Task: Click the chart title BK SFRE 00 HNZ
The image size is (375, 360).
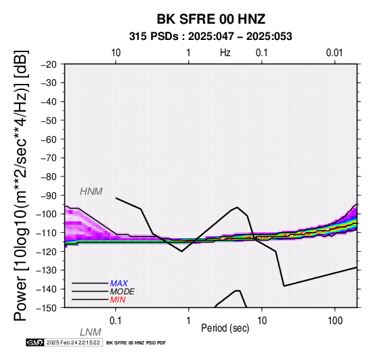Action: click(x=211, y=19)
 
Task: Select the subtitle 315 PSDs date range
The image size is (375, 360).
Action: click(x=211, y=37)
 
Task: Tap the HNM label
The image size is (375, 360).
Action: click(x=91, y=192)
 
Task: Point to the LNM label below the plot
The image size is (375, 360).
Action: click(x=91, y=332)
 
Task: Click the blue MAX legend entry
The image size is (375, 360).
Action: click(x=119, y=284)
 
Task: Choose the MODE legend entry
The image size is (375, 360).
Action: click(x=123, y=292)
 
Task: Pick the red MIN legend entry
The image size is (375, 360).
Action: click(x=118, y=300)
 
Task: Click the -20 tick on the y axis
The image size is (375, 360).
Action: click(x=49, y=64)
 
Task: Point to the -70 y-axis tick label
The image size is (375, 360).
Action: click(x=49, y=158)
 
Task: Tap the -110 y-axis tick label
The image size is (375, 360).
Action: click(x=47, y=233)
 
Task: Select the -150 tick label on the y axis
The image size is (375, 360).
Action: click(x=47, y=308)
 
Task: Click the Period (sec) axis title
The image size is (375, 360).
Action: click(x=225, y=328)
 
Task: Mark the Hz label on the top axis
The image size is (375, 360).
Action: click(x=225, y=53)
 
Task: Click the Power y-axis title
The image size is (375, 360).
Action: click(x=21, y=185)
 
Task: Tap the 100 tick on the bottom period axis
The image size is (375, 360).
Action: click(x=335, y=321)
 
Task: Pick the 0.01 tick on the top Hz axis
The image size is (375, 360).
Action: click(x=334, y=53)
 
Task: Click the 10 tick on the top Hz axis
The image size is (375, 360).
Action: click(x=116, y=53)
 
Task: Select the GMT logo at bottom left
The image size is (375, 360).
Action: click(x=35, y=342)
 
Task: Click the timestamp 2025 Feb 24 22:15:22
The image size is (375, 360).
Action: click(x=73, y=342)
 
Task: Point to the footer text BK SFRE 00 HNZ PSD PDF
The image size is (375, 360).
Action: click(x=136, y=343)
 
